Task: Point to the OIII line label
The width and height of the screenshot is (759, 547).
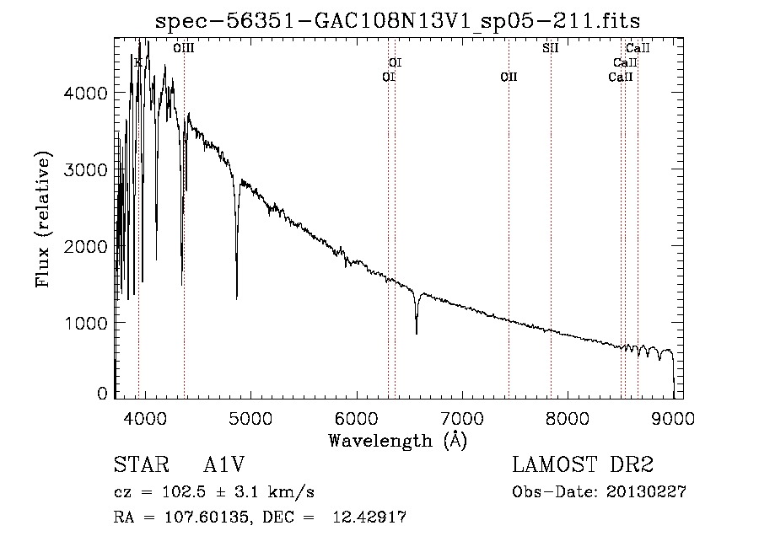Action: pyautogui.click(x=183, y=49)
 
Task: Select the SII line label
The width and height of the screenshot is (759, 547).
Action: pyautogui.click(x=550, y=48)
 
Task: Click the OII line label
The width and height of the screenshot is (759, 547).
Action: pyautogui.click(x=509, y=78)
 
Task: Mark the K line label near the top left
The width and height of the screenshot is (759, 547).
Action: pyautogui.click(x=137, y=62)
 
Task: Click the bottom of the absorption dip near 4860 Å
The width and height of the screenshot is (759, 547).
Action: pyautogui.click(x=236, y=298)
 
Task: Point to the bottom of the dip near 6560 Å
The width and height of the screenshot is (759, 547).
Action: pyautogui.click(x=416, y=333)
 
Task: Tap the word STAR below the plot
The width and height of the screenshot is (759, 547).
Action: pyautogui.click(x=140, y=466)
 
